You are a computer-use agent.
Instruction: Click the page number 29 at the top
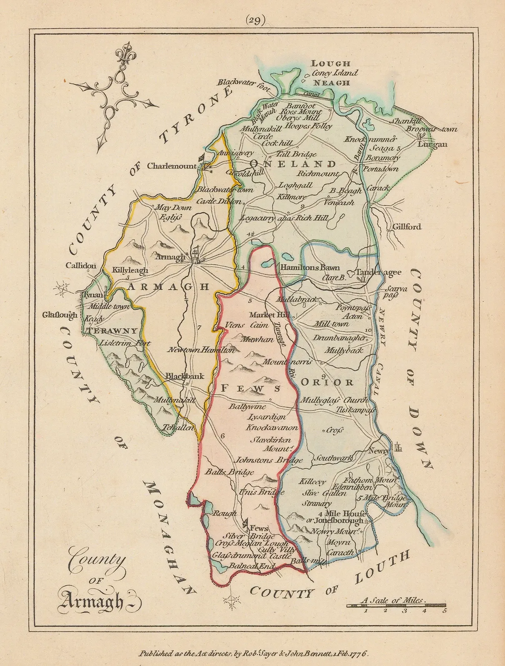[255, 21]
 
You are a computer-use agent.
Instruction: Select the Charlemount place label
[171, 166]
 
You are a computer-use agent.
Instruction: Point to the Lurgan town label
[432, 144]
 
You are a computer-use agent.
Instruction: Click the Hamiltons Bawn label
[310, 268]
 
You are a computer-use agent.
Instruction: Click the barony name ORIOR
[327, 382]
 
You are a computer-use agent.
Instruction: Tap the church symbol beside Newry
[397, 447]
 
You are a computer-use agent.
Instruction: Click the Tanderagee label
[378, 272]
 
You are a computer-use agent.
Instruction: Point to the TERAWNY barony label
[112, 331]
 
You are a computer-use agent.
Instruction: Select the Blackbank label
[185, 376]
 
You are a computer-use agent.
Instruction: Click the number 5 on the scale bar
[445, 611]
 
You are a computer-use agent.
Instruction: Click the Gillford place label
[407, 227]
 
